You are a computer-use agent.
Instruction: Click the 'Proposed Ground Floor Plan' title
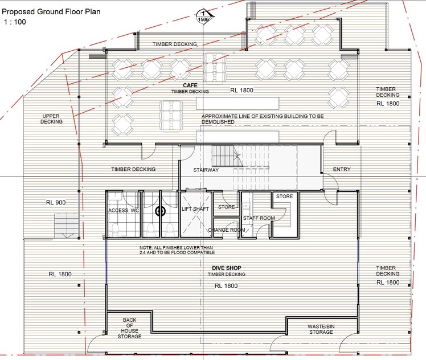pos(51,12)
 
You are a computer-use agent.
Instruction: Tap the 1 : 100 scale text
pos(15,22)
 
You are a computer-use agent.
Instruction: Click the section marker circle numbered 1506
pos(203,17)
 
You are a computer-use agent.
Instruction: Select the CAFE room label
pos(190,85)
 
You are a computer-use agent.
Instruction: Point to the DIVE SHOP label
pos(227,268)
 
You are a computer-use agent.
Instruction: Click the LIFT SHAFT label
pos(195,209)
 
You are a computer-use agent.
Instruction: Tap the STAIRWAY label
pos(206,170)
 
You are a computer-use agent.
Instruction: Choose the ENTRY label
pos(342,169)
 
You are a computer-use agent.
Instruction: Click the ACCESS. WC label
pos(124,211)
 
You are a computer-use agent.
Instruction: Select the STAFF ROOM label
pos(259,218)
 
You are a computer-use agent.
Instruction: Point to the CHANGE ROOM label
pos(227,230)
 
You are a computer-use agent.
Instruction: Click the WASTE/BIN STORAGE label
pos(321,329)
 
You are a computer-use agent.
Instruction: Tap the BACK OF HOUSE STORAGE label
pos(130,328)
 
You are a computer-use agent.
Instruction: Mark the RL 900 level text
pos(56,202)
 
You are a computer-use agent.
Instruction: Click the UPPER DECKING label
pos(51,119)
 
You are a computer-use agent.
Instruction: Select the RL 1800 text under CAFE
pos(241,91)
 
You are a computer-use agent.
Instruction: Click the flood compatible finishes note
pos(177,250)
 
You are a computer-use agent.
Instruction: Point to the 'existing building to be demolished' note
pos(263,119)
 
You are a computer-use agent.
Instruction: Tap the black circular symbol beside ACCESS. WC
pos(159,211)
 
